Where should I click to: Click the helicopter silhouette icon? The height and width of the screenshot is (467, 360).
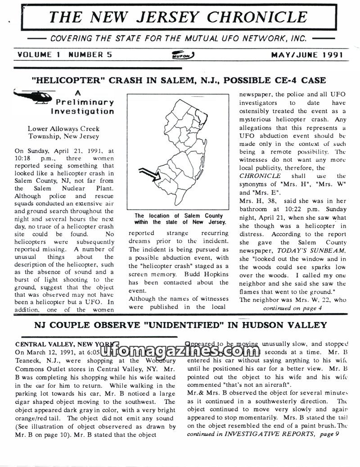click(33, 96)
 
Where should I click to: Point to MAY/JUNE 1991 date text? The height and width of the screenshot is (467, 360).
click(307, 55)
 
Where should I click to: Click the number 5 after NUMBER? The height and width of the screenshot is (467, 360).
click(109, 55)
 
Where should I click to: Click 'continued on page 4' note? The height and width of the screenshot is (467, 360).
click(292, 308)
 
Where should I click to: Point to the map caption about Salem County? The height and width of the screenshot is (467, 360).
click(179, 219)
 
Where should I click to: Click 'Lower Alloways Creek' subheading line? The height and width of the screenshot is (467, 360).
click(63, 129)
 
